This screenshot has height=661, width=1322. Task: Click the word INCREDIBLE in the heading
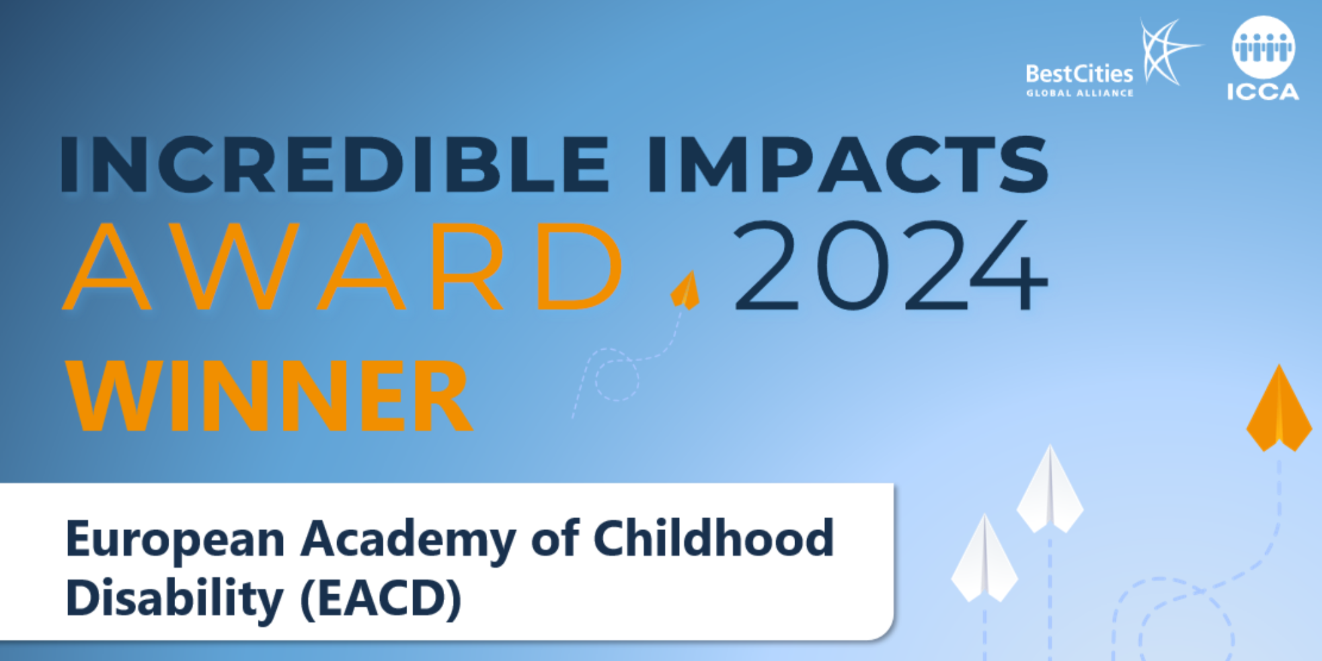[334, 164]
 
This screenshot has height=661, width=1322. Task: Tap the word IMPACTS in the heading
[848, 164]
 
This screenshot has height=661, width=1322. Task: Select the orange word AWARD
[342, 266]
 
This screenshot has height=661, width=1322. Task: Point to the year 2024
[891, 265]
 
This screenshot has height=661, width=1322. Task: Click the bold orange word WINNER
[269, 396]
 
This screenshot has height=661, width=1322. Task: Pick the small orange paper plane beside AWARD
[685, 290]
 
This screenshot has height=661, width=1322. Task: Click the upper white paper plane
[1050, 489]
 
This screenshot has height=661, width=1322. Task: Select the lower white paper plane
[984, 559]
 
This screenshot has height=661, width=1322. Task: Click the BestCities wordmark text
[1079, 73]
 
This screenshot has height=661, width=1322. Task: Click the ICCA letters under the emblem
[1263, 92]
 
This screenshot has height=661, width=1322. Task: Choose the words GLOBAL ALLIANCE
[1079, 93]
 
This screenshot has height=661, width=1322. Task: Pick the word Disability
[175, 599]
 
